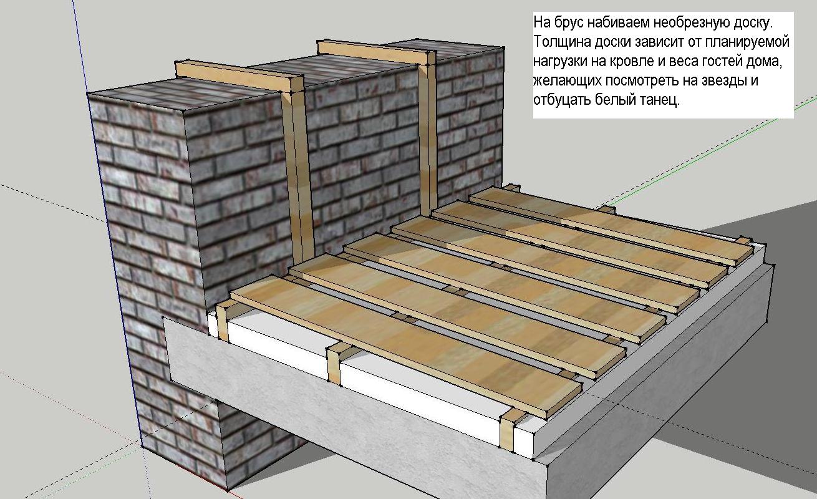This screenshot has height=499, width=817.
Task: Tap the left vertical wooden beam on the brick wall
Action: click(297, 175)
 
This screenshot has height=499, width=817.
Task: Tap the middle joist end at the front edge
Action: click(334, 365)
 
